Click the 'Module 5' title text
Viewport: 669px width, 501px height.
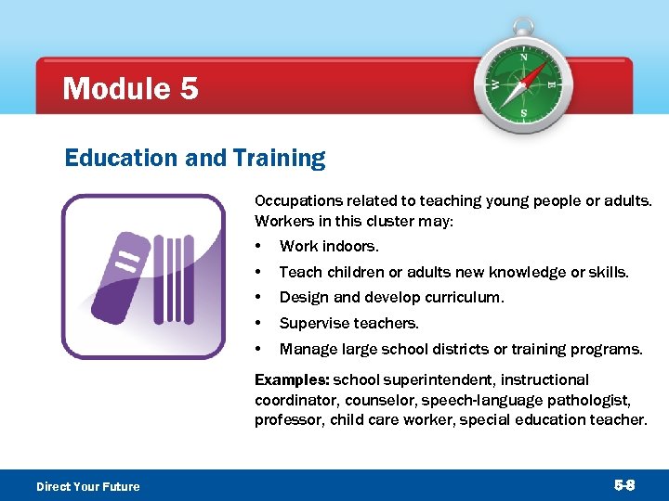(129, 89)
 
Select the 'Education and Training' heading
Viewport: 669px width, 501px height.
(195, 159)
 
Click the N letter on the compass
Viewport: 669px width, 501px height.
(523, 58)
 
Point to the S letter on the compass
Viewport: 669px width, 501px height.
(523, 114)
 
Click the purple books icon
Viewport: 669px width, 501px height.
(143, 276)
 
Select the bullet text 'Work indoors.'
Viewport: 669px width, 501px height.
(329, 247)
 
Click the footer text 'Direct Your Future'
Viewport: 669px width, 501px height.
(87, 486)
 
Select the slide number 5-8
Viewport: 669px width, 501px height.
(624, 485)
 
